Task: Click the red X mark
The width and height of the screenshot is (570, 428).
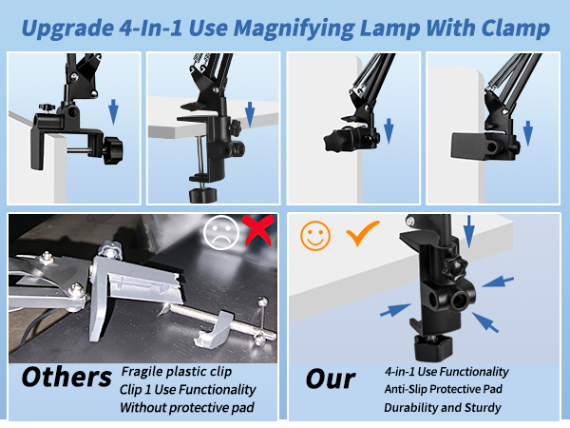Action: click(256, 233)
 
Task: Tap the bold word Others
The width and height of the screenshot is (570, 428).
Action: click(66, 378)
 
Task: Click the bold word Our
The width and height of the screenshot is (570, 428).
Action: click(330, 378)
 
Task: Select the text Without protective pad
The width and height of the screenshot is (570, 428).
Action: click(186, 407)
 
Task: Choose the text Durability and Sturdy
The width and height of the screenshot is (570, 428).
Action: click(442, 407)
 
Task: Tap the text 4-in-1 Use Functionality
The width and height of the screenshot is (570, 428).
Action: click(446, 371)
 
